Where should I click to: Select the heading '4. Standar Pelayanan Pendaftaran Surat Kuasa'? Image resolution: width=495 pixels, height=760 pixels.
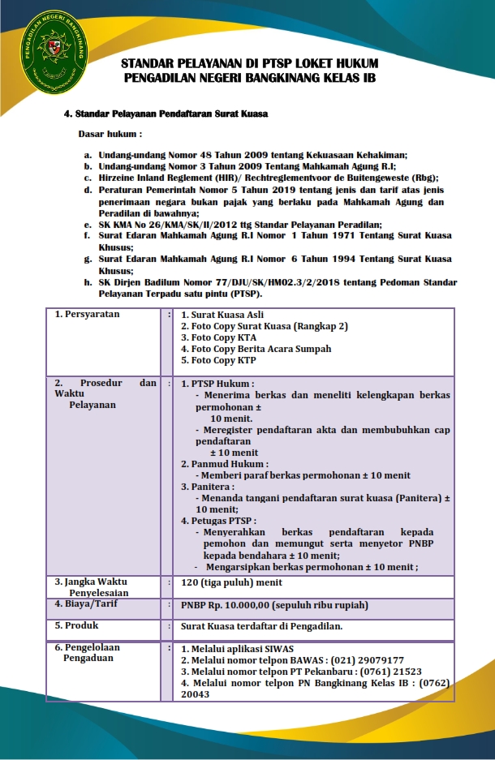click(166, 114)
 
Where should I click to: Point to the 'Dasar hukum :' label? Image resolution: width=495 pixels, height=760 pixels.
click(110, 133)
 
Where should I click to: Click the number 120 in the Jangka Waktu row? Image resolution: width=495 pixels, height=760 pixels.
click(188, 582)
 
